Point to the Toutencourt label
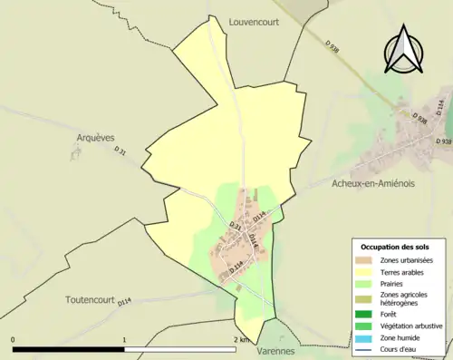(92, 299)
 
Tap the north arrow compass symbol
(405, 50)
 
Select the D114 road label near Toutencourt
(124, 302)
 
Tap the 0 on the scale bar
(14, 340)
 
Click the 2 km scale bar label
(240, 340)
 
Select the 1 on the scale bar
(124, 340)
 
